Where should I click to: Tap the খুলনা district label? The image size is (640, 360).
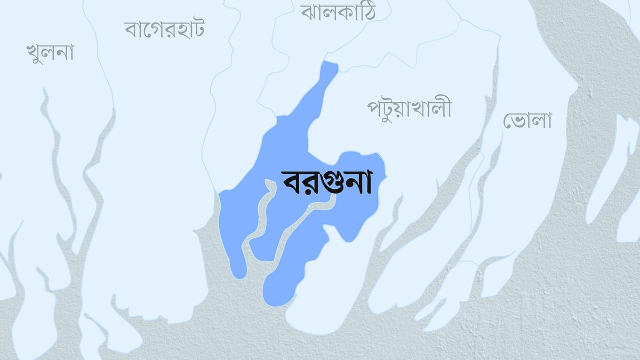(x=50, y=53)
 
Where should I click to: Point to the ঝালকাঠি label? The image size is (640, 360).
(x=338, y=12)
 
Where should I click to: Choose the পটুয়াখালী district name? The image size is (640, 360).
(x=409, y=108)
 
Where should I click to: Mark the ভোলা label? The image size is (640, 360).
(x=527, y=121)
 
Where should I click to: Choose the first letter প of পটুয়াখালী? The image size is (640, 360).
(x=374, y=109)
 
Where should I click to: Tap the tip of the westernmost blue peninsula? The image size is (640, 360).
(x=239, y=273)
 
